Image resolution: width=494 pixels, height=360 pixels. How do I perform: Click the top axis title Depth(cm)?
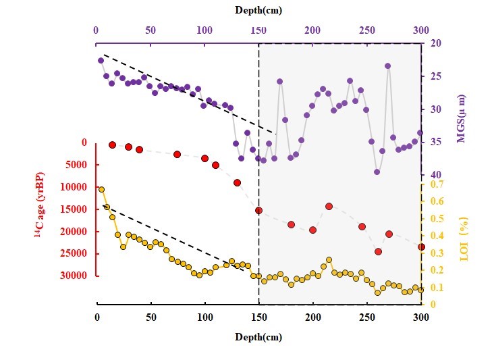258,9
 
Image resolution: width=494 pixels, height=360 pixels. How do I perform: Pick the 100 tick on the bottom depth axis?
205,317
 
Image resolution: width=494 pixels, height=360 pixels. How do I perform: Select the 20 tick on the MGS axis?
436,43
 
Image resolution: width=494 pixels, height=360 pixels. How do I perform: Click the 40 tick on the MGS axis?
436,175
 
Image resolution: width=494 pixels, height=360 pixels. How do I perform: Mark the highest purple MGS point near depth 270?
388,66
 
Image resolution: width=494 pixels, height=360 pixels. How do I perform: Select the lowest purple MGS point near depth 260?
377,172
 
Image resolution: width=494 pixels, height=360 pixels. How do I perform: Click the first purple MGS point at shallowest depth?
101,60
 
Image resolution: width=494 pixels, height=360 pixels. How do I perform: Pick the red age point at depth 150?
258,210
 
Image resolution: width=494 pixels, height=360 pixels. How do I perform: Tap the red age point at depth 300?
421,247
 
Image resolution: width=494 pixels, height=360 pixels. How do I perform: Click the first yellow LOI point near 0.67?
102,190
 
